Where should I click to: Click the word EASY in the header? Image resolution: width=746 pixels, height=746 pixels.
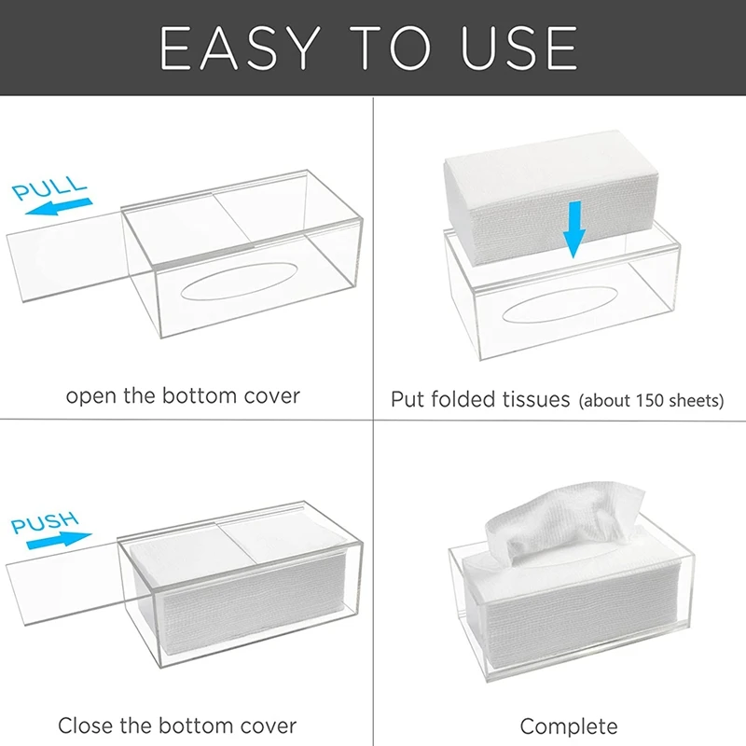(241, 48)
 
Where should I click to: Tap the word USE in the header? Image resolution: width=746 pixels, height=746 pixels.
(518, 48)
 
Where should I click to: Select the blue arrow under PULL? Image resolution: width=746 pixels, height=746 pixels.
(58, 207)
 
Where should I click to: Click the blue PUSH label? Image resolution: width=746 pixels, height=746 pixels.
(45, 521)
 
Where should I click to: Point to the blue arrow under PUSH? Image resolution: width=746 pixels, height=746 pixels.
(59, 540)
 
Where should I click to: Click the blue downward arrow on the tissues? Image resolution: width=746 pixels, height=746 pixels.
(574, 229)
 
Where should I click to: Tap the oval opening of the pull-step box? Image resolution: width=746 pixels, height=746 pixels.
(239, 282)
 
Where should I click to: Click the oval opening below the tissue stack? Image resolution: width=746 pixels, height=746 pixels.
(560, 305)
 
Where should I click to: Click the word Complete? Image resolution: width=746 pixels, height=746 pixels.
(569, 727)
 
